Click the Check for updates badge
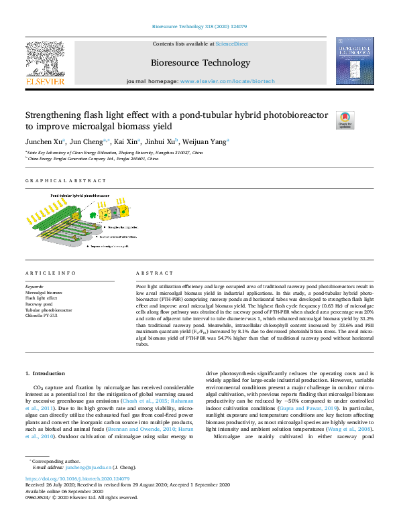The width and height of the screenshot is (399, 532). pyautogui.click(x=345, y=119)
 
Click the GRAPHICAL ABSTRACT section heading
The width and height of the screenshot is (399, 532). pyautogui.click(x=66, y=181)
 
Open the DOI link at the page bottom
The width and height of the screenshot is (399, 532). pyautogui.click(x=77, y=479)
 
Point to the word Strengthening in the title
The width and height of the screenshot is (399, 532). pyautogui.click(x=60, y=115)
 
